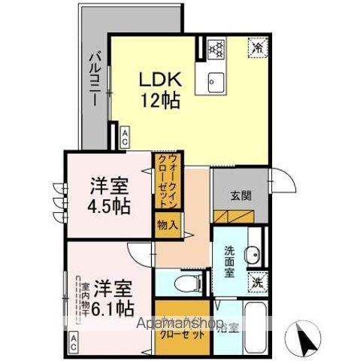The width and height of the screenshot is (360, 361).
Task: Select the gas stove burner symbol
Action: click(x=216, y=47)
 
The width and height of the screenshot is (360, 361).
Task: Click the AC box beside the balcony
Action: click(x=125, y=138)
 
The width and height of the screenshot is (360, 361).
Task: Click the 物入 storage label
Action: click(x=168, y=225)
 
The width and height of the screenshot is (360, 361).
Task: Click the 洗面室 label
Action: click(x=229, y=260)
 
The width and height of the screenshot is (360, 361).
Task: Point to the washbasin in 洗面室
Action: click(x=253, y=253)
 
